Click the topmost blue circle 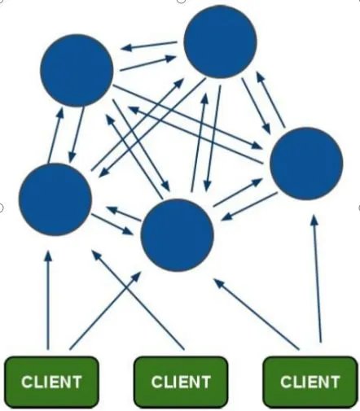coord(220,42)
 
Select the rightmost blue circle coord(306,164)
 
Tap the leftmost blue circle coord(55,199)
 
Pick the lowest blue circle coord(178,235)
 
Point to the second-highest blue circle coord(77,70)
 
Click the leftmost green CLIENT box coord(51,382)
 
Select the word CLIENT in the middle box coord(181,382)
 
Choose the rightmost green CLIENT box coord(310,382)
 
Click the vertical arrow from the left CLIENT coord(48,300)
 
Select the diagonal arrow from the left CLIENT coord(105,311)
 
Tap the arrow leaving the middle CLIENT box coord(138,300)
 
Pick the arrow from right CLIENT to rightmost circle coord(317,279)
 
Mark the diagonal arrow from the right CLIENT coord(257,314)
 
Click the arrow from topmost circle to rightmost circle coord(257,106)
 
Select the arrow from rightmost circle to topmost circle coord(270,99)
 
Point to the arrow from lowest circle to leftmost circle coord(124,213)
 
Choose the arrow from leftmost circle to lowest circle coord(112,225)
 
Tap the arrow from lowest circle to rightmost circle coord(238,192)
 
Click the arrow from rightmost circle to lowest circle coord(249,207)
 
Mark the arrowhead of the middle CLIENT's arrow coord(96,254)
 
